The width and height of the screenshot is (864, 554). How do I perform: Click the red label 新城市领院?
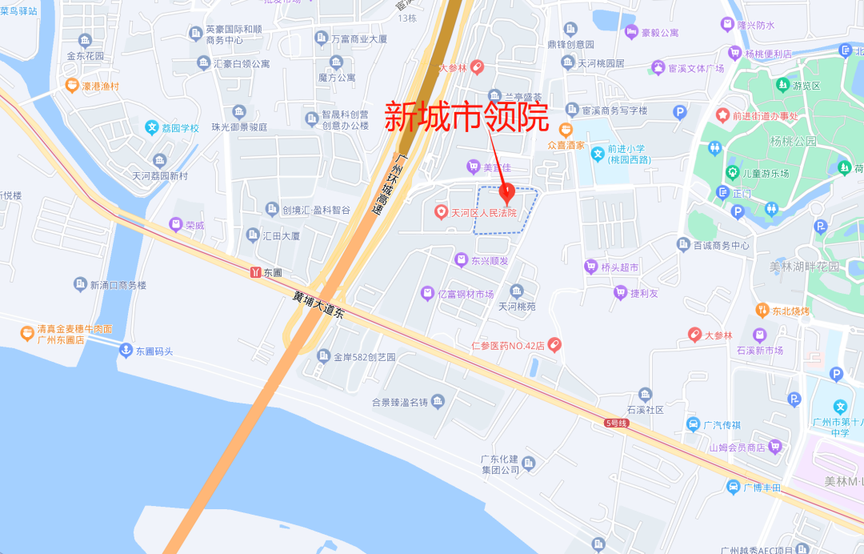pos(466,118)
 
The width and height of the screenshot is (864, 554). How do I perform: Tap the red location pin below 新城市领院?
pos(506,193)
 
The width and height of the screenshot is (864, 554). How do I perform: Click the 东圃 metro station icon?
pos(256,272)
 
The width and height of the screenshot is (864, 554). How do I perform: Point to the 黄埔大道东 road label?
pos(318,307)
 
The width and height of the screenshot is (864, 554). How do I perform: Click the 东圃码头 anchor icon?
pos(125,351)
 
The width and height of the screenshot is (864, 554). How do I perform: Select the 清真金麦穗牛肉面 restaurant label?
pos(74,329)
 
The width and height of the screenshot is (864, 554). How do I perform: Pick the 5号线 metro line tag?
pos(617,422)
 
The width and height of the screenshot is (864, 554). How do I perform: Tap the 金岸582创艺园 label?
pos(365,357)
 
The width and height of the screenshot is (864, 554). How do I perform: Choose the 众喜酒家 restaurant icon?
pos(566,129)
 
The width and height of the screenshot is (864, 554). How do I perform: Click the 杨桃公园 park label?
pos(794,141)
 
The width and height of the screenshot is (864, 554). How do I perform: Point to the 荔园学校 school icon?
pos(151,127)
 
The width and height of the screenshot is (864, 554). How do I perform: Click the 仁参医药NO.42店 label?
pos(507,346)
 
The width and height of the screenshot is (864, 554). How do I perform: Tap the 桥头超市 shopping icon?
pos(591,267)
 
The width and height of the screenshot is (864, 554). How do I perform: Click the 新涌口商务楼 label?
pos(118,285)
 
